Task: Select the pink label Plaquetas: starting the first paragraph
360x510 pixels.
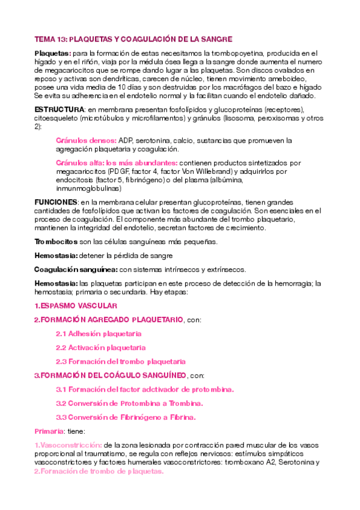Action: [52, 54]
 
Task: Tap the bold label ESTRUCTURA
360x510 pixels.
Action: [59, 109]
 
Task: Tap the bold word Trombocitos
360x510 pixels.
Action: [56, 241]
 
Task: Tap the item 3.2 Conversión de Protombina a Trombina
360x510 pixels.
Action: [129, 403]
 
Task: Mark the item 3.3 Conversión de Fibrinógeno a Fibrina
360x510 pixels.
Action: [126, 417]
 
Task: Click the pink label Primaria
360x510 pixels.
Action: [49, 431]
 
